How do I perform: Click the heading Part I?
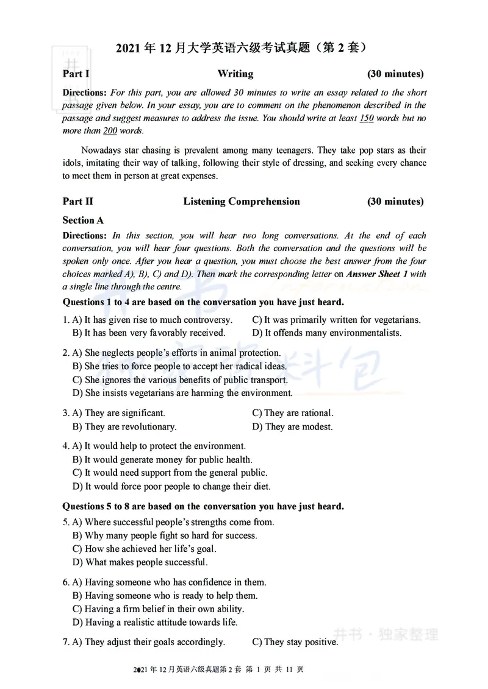pyautogui.click(x=76, y=74)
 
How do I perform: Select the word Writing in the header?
pyautogui.click(x=235, y=74)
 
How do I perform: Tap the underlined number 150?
pyautogui.click(x=366, y=118)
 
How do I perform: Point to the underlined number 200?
pyautogui.click(x=110, y=131)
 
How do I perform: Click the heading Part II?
pyautogui.click(x=78, y=202)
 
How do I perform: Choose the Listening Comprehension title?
pyautogui.click(x=242, y=202)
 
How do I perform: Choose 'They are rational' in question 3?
pyautogui.click(x=293, y=413)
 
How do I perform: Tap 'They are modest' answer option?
pyautogui.click(x=292, y=427)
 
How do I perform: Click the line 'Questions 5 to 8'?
pyautogui.click(x=203, y=506)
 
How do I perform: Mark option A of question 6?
pyautogui.click(x=169, y=582)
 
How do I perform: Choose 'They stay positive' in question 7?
pyautogui.click(x=295, y=642)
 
